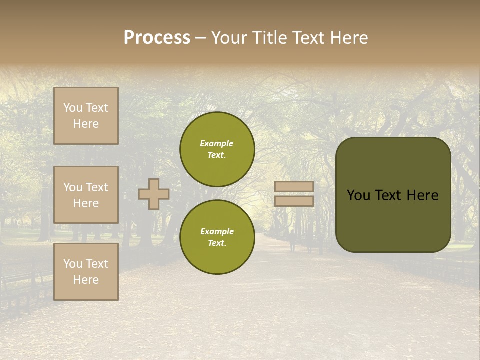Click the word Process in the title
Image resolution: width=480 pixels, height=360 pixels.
click(157, 37)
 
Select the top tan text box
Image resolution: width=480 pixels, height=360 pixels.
click(86, 116)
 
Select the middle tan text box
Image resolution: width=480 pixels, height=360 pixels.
click(86, 195)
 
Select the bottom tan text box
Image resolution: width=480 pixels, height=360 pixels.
click(86, 271)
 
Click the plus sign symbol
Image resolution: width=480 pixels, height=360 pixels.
click(153, 194)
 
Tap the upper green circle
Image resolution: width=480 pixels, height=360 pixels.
click(217, 149)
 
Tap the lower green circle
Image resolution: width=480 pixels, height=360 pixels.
click(217, 237)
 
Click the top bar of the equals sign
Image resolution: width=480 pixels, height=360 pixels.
click(294, 186)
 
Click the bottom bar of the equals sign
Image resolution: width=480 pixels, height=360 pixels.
click(294, 201)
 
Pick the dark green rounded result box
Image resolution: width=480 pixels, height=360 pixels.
click(393, 195)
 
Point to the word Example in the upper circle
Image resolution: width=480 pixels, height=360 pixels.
click(216, 143)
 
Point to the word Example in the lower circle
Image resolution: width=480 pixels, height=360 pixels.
click(216, 231)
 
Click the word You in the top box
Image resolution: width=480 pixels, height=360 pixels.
click(72, 108)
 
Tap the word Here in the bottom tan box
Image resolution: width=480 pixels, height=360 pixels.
click(86, 280)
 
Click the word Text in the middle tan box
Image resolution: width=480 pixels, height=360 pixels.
click(97, 187)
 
